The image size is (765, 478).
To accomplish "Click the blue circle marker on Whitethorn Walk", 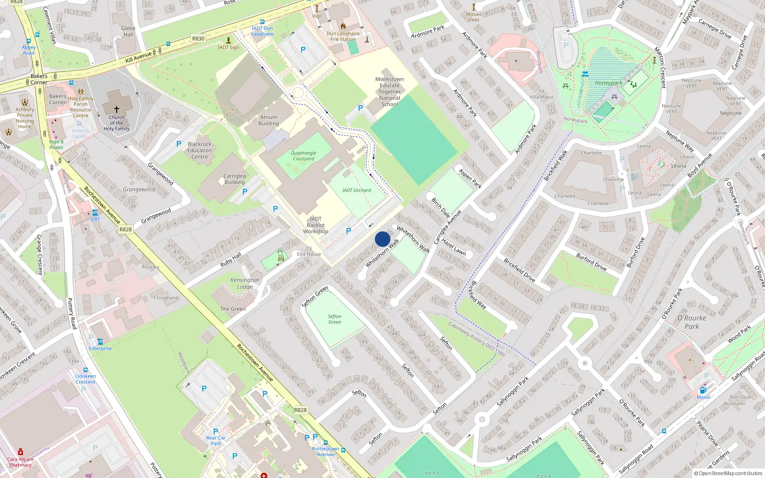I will [x=382, y=239].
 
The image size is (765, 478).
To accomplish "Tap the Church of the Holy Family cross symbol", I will [x=116, y=109].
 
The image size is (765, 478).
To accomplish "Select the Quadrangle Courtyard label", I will [x=304, y=156].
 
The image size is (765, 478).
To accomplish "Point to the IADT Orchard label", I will [x=357, y=190].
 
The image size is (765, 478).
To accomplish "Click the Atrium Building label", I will [x=269, y=120].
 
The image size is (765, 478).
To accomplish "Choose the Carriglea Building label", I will [x=234, y=179].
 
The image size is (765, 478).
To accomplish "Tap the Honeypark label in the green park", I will [x=609, y=83].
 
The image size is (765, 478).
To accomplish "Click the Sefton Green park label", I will [x=335, y=319].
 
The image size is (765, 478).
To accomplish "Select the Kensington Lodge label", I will [x=245, y=283].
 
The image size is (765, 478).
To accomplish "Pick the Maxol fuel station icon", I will [x=703, y=390].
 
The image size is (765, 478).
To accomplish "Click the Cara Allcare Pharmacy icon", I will [x=21, y=452].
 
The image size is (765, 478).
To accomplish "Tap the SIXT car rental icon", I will [x=95, y=213].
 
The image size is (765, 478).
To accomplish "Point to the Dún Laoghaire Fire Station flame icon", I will [x=343, y=27].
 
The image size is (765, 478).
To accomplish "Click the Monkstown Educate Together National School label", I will [x=390, y=91].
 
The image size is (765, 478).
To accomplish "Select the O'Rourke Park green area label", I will [x=691, y=322].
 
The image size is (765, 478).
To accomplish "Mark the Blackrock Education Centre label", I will [x=200, y=150].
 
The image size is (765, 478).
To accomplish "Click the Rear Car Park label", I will [x=216, y=440].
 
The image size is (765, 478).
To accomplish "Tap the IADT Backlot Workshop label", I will [x=316, y=225].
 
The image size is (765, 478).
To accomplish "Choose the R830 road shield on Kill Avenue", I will [x=198, y=39].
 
